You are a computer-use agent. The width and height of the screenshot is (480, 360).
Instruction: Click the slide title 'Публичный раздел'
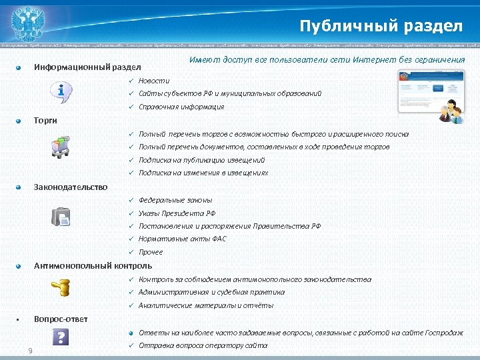coord(381,26)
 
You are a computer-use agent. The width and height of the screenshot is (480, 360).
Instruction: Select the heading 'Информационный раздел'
coord(87,67)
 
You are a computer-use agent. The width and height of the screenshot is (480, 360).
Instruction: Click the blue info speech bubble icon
coord(62,93)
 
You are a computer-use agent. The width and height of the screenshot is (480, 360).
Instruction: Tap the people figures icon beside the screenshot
coord(453,111)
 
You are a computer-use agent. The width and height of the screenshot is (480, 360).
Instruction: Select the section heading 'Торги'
coord(45,120)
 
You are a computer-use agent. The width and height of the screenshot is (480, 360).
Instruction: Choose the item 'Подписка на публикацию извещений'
coord(201,160)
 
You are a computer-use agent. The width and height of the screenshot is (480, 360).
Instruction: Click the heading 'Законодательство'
coord(71,187)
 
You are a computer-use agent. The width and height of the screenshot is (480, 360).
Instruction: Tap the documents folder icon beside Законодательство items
coord(61,217)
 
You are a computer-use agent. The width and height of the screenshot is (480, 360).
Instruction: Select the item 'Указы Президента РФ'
coord(177,213)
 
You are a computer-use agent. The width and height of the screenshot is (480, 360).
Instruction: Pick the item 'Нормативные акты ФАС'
coord(183,239)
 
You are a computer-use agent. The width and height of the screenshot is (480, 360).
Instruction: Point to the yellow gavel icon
coord(61,287)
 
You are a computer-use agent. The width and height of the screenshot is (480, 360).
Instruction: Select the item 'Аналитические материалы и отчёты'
coord(205,305)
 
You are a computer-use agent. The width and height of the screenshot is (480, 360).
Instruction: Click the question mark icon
coord(61,337)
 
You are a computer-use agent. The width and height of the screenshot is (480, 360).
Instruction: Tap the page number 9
coord(30,351)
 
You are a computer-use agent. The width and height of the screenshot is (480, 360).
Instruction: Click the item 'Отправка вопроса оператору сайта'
coord(203,345)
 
